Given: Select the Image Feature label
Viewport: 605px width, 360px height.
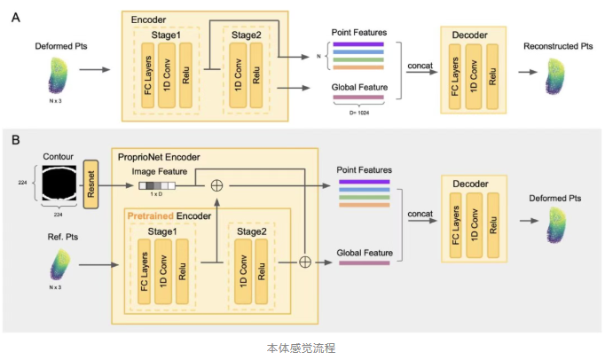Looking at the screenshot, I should pos(160,170).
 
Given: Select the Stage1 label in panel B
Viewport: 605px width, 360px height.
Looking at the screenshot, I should pos(159,229).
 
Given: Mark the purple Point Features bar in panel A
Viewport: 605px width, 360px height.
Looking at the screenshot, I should pos(357,43).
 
